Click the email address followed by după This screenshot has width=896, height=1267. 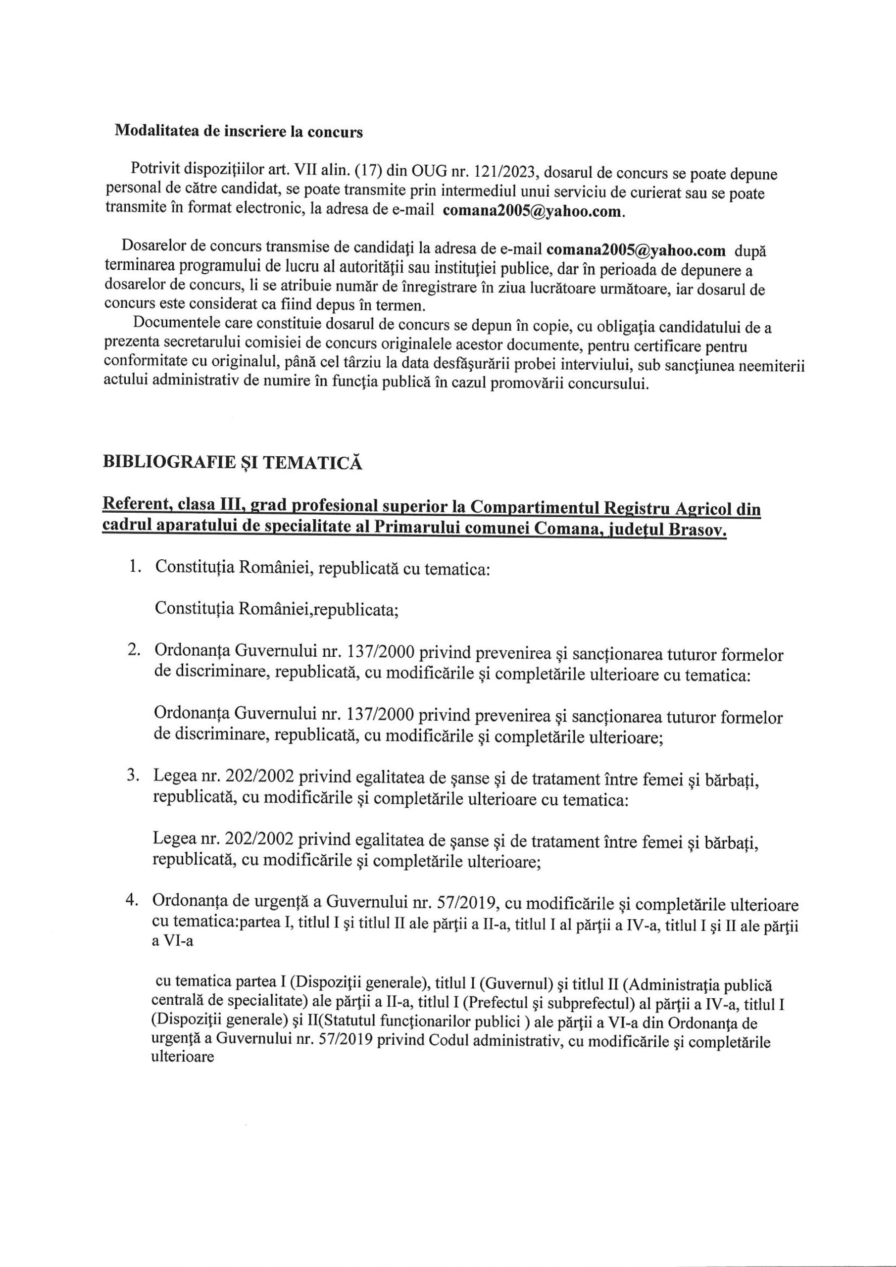[636, 250]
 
